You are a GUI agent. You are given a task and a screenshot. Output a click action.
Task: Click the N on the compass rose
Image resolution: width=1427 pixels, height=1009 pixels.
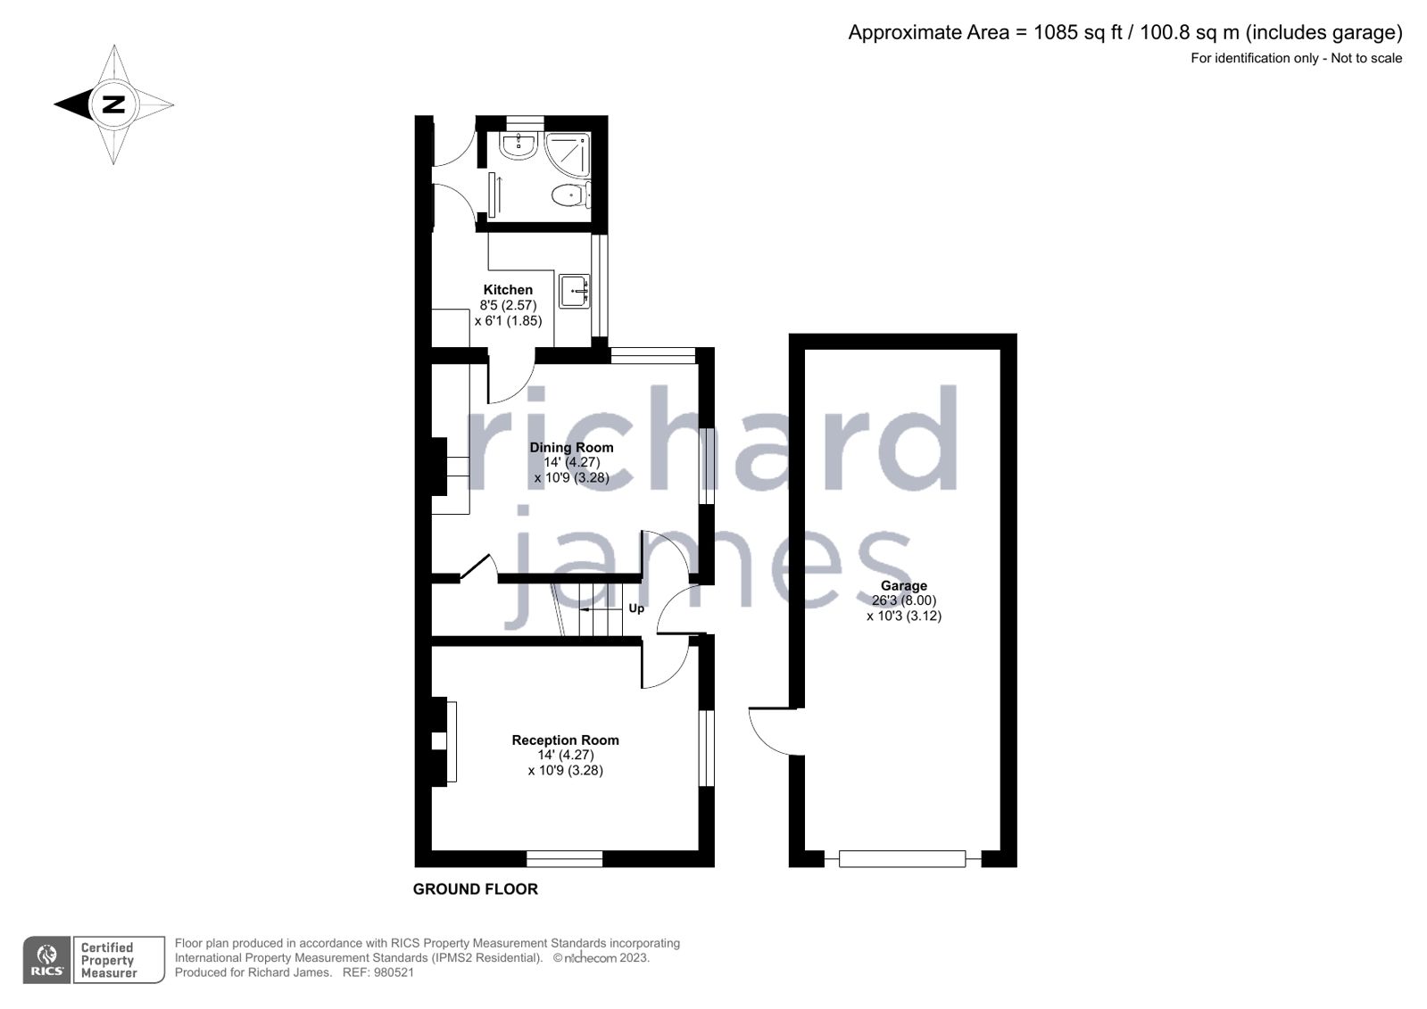pyautogui.click(x=113, y=104)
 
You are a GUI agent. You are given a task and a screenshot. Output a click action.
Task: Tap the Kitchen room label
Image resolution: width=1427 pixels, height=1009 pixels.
pyautogui.click(x=508, y=290)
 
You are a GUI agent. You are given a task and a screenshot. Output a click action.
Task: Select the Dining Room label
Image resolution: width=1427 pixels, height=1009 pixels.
pyautogui.click(x=571, y=448)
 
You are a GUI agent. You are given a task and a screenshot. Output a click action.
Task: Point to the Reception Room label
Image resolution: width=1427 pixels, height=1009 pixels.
pyautogui.click(x=565, y=740)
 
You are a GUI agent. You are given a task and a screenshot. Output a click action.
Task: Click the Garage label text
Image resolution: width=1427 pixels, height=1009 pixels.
pyautogui.click(x=904, y=586)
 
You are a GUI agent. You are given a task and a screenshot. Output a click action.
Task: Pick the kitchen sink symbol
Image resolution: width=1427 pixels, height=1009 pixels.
pyautogui.click(x=575, y=291)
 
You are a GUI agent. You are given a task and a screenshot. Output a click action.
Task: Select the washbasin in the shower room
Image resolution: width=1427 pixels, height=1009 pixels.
pyautogui.click(x=518, y=145)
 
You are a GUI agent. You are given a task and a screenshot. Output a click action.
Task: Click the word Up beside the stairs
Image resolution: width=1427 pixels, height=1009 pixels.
pyautogui.click(x=636, y=608)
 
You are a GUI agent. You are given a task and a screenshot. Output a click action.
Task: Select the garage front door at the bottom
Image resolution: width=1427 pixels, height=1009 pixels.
pyautogui.click(x=902, y=859)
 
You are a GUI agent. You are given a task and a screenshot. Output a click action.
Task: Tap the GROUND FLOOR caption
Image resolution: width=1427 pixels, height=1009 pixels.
pyautogui.click(x=475, y=889)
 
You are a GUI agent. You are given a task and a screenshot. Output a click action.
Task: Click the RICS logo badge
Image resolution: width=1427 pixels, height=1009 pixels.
pyautogui.click(x=47, y=960)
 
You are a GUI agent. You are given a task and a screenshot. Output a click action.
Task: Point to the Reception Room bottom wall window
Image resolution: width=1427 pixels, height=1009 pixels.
pyautogui.click(x=564, y=859)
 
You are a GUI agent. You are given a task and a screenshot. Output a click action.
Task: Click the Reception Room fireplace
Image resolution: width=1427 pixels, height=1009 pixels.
pyautogui.click(x=443, y=741)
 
